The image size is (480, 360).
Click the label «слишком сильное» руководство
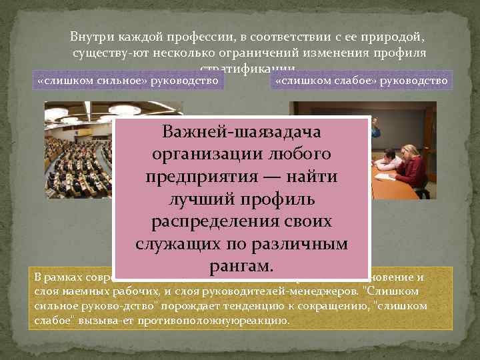[129, 81]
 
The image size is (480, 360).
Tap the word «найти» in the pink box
[311, 177]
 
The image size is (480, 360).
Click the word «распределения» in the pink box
[220, 221]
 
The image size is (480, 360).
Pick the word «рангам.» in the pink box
[242, 266]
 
